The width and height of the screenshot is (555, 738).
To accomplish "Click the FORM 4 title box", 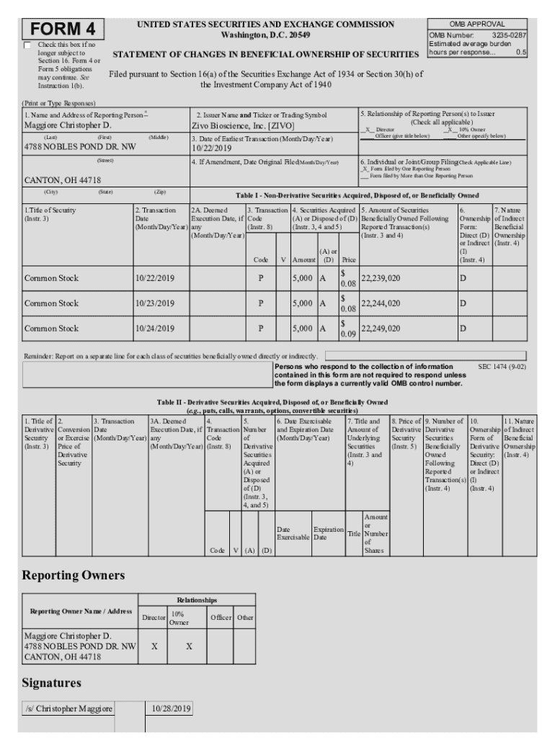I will coord(63,30).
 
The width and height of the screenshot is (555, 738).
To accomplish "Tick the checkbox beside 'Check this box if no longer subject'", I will coord(27,45).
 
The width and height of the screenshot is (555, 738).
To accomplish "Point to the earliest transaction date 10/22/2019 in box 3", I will coord(211,148).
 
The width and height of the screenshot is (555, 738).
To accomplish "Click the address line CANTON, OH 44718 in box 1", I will coord(62,180).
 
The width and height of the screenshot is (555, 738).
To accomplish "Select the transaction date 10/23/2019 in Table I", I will coord(155,303).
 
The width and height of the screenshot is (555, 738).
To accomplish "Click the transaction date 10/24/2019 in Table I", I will coord(155,329).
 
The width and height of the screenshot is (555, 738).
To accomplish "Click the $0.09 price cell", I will coord(347,329).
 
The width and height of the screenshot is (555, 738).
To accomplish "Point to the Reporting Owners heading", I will coord(74,575).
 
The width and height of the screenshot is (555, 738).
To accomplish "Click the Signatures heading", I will coord(52,682).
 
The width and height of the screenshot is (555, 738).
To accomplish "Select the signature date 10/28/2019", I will coord(169,709).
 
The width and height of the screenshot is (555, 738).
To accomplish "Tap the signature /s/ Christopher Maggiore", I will coord(68,709).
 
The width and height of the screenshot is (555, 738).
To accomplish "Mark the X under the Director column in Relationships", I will coord(154,646).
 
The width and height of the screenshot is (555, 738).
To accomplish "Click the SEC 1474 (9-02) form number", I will coord(502,367).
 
